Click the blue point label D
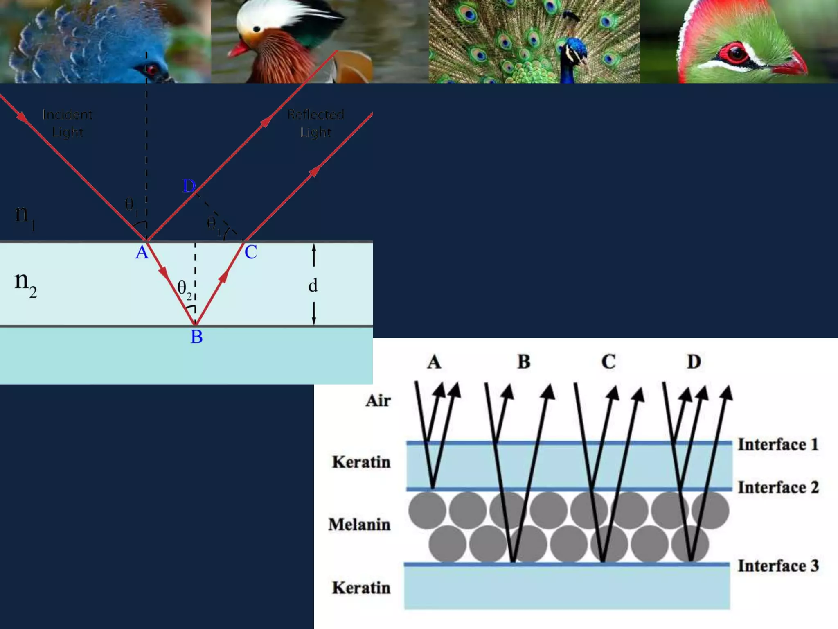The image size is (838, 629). point(189,186)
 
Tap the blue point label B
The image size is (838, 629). point(197,337)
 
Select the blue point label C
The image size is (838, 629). point(251,252)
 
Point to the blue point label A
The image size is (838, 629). point(142,252)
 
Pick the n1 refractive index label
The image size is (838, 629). point(25,216)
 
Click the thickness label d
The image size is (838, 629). point(313,285)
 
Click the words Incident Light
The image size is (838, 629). point(68,123)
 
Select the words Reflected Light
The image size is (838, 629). point(315,123)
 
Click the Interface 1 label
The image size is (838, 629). point(778,445)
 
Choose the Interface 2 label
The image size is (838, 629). point(778,488)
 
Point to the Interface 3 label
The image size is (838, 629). point(778,566)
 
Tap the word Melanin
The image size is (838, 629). point(359,525)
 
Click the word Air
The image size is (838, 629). point(378,401)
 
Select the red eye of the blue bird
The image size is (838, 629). point(152,70)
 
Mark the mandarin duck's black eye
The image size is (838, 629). point(257,29)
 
